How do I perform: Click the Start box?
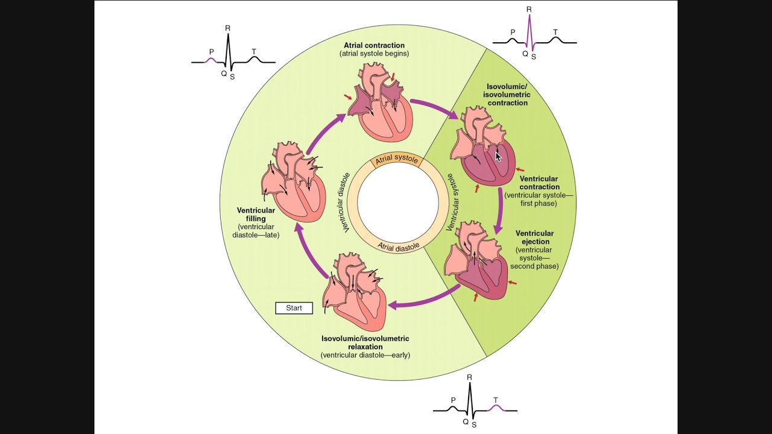click(x=294, y=308)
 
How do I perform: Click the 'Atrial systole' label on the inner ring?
click(x=396, y=159)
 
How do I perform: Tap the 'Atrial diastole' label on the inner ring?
click(x=398, y=246)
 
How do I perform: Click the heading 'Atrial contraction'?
click(x=374, y=45)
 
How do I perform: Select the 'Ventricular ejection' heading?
click(x=534, y=237)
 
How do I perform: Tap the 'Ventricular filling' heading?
click(x=256, y=215)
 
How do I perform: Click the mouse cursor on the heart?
click(x=498, y=157)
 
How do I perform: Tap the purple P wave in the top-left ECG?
click(x=210, y=60)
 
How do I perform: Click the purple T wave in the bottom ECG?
click(x=496, y=407)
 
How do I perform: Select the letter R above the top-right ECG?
click(x=529, y=9)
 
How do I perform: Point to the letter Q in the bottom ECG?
click(x=466, y=421)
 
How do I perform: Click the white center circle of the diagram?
click(x=397, y=203)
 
